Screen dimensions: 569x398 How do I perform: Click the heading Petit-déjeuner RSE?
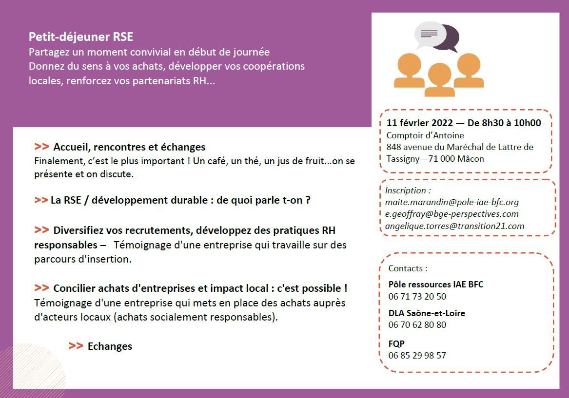click(81, 37)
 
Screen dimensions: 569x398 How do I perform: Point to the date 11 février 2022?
click(419, 123)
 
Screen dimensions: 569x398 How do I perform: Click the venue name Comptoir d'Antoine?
click(425, 135)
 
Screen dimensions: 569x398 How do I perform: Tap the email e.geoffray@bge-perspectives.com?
click(452, 214)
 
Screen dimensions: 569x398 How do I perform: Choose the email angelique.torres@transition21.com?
click(455, 226)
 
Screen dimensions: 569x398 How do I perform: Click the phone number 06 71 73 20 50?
click(417, 297)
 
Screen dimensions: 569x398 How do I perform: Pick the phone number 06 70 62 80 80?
click(417, 325)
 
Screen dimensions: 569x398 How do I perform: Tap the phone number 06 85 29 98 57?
click(417, 355)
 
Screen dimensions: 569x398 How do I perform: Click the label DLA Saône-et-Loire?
click(427, 313)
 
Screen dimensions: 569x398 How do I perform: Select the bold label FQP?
click(396, 343)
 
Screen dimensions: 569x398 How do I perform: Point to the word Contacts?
click(405, 268)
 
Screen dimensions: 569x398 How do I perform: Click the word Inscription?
click(405, 190)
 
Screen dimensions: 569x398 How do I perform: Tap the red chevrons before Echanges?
click(76, 346)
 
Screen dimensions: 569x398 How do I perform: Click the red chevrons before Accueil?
click(42, 147)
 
